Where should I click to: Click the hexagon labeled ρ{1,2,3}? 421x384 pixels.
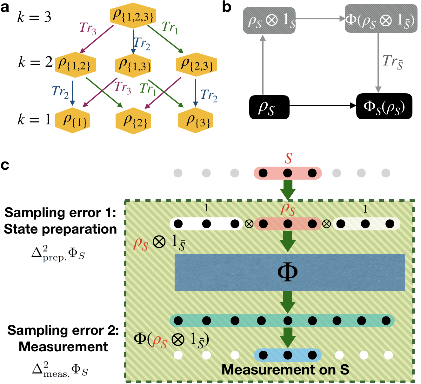pyautogui.click(x=133, y=16)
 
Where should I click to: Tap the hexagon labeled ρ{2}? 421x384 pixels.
pyautogui.click(x=133, y=121)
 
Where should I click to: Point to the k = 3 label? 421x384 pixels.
pyautogui.click(x=34, y=17)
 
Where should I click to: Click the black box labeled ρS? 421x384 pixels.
pyautogui.click(x=269, y=107)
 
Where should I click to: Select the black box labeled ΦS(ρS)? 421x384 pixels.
pyautogui.click(x=384, y=106)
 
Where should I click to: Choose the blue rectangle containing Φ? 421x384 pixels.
pyautogui.click(x=290, y=272)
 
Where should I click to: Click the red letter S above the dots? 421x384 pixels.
pyautogui.click(x=288, y=158)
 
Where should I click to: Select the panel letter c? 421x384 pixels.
pyautogui.click(x=5, y=165)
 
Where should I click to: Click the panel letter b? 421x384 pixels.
pyautogui.click(x=227, y=7)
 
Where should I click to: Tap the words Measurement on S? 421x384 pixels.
pyautogui.click(x=285, y=370)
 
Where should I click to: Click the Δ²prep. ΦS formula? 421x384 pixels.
pyautogui.click(x=58, y=254)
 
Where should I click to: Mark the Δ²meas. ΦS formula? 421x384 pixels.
pyautogui.click(x=60, y=370)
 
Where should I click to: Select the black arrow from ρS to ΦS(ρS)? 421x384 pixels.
pyautogui.click(x=323, y=106)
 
